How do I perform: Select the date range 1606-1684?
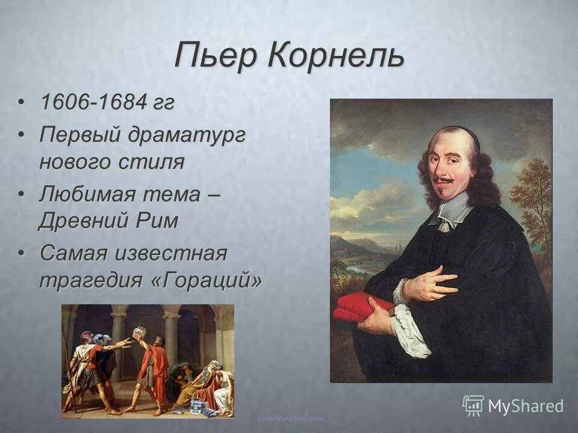93,102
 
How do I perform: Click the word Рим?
158,221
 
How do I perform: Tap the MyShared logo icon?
473,405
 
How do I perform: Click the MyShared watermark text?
526,406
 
